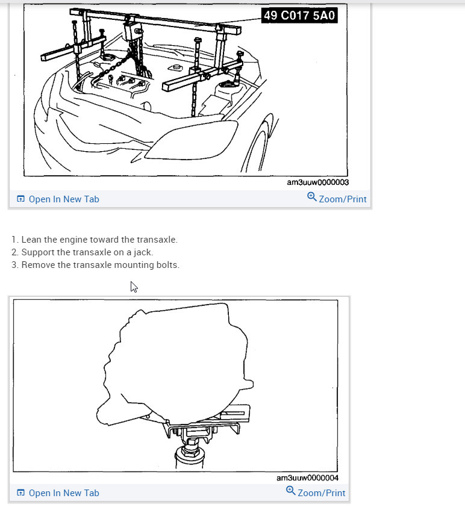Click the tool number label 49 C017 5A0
pyautogui.click(x=299, y=15)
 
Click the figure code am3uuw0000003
pyautogui.click(x=317, y=182)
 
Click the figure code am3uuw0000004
pyautogui.click(x=307, y=478)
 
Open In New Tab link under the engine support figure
pyautogui.click(x=58, y=199)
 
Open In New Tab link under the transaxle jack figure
pyautogui.click(x=58, y=493)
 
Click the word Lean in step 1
pyautogui.click(x=31, y=240)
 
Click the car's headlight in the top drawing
pyautogui.click(x=192, y=140)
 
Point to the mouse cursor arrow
pyautogui.click(x=134, y=287)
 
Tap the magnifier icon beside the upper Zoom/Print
pyautogui.click(x=312, y=196)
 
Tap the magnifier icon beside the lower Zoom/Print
pyautogui.click(x=290, y=491)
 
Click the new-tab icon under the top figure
pyautogui.click(x=20, y=199)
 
